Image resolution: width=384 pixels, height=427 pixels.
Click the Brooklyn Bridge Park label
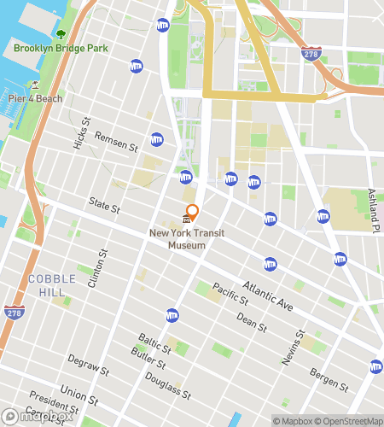point(61,48)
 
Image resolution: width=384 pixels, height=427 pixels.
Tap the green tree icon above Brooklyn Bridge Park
point(61,34)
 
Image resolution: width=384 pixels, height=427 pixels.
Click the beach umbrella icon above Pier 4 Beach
point(35,85)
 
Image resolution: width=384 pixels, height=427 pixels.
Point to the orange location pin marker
point(192,211)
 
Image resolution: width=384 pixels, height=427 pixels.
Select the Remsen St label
point(117,141)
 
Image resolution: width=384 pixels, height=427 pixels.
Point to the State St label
point(105,205)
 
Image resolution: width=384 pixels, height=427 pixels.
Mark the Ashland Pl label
point(373,210)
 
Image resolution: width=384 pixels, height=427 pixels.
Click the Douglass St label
point(167,384)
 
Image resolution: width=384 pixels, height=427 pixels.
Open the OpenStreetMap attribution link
point(347,420)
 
